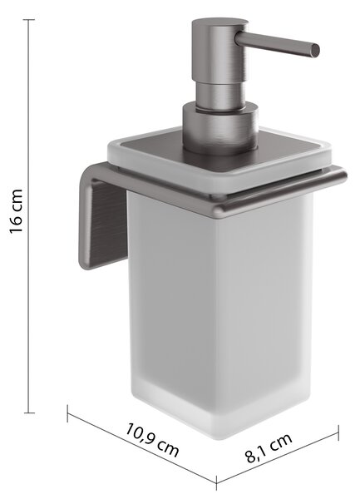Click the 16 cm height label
click(16, 211)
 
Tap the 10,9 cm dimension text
click(152, 439)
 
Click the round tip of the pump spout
click(315, 51)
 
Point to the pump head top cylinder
click(219, 51)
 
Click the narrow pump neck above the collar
click(220, 95)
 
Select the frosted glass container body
click(219, 312)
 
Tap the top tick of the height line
click(29, 20)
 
